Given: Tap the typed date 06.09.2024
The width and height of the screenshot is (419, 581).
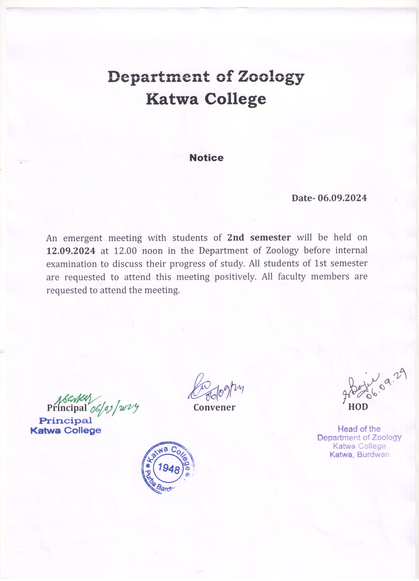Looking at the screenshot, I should tap(342, 198).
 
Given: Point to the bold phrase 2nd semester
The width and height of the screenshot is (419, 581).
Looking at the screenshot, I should tap(259, 237).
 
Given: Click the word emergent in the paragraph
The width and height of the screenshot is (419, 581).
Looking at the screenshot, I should tap(83, 238).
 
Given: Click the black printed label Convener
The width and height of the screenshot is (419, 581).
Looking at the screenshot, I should tap(214, 408).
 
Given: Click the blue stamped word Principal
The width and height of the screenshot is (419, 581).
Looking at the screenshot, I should tap(65, 420).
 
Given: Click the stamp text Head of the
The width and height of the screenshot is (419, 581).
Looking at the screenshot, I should tap(359, 429).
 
